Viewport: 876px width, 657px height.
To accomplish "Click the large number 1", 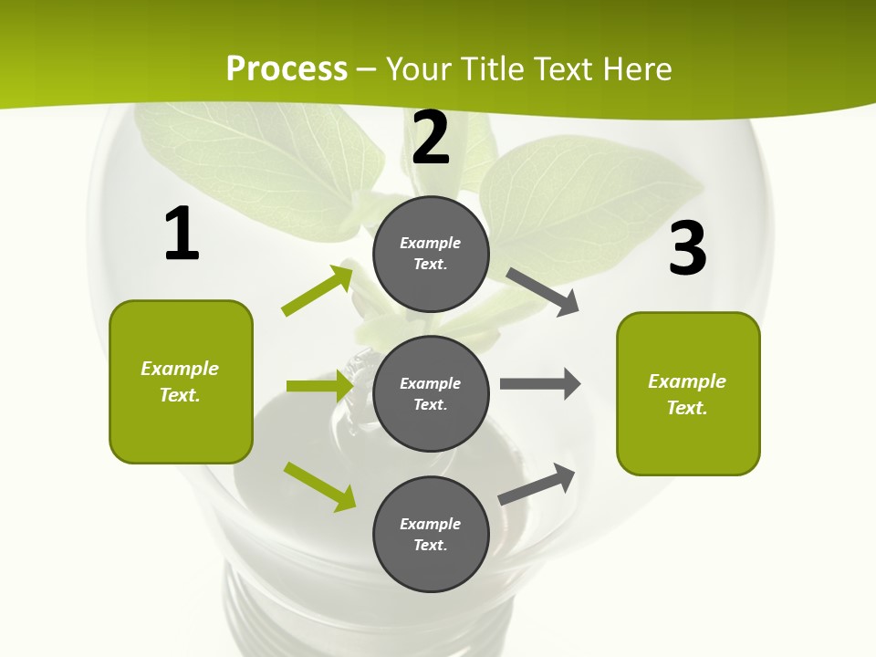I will click(182, 234).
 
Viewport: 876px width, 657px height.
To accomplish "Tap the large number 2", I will click(431, 138).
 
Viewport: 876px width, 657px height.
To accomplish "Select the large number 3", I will click(687, 248).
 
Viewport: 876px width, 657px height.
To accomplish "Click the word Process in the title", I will click(287, 68).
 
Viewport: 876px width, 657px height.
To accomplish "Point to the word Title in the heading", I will click(494, 68).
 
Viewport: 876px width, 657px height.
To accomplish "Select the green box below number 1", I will click(181, 381).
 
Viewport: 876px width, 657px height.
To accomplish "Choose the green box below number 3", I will click(688, 393).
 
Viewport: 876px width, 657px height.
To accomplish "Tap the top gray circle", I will click(431, 254).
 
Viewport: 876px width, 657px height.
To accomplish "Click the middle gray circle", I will click(431, 393).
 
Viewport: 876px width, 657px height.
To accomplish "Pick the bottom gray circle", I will click(431, 534).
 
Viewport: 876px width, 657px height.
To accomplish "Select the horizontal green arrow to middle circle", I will click(319, 386).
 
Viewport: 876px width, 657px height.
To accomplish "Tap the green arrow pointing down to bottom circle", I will click(320, 485).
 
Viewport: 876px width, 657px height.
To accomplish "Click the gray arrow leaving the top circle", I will click(543, 291).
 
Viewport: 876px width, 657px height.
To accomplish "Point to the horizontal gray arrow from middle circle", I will click(540, 383).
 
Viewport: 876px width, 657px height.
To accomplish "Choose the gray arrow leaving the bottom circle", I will click(537, 484).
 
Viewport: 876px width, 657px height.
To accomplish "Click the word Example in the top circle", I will click(431, 243).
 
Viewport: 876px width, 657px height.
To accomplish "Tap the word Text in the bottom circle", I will click(429, 545).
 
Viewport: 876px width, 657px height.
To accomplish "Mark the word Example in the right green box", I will click(687, 381).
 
